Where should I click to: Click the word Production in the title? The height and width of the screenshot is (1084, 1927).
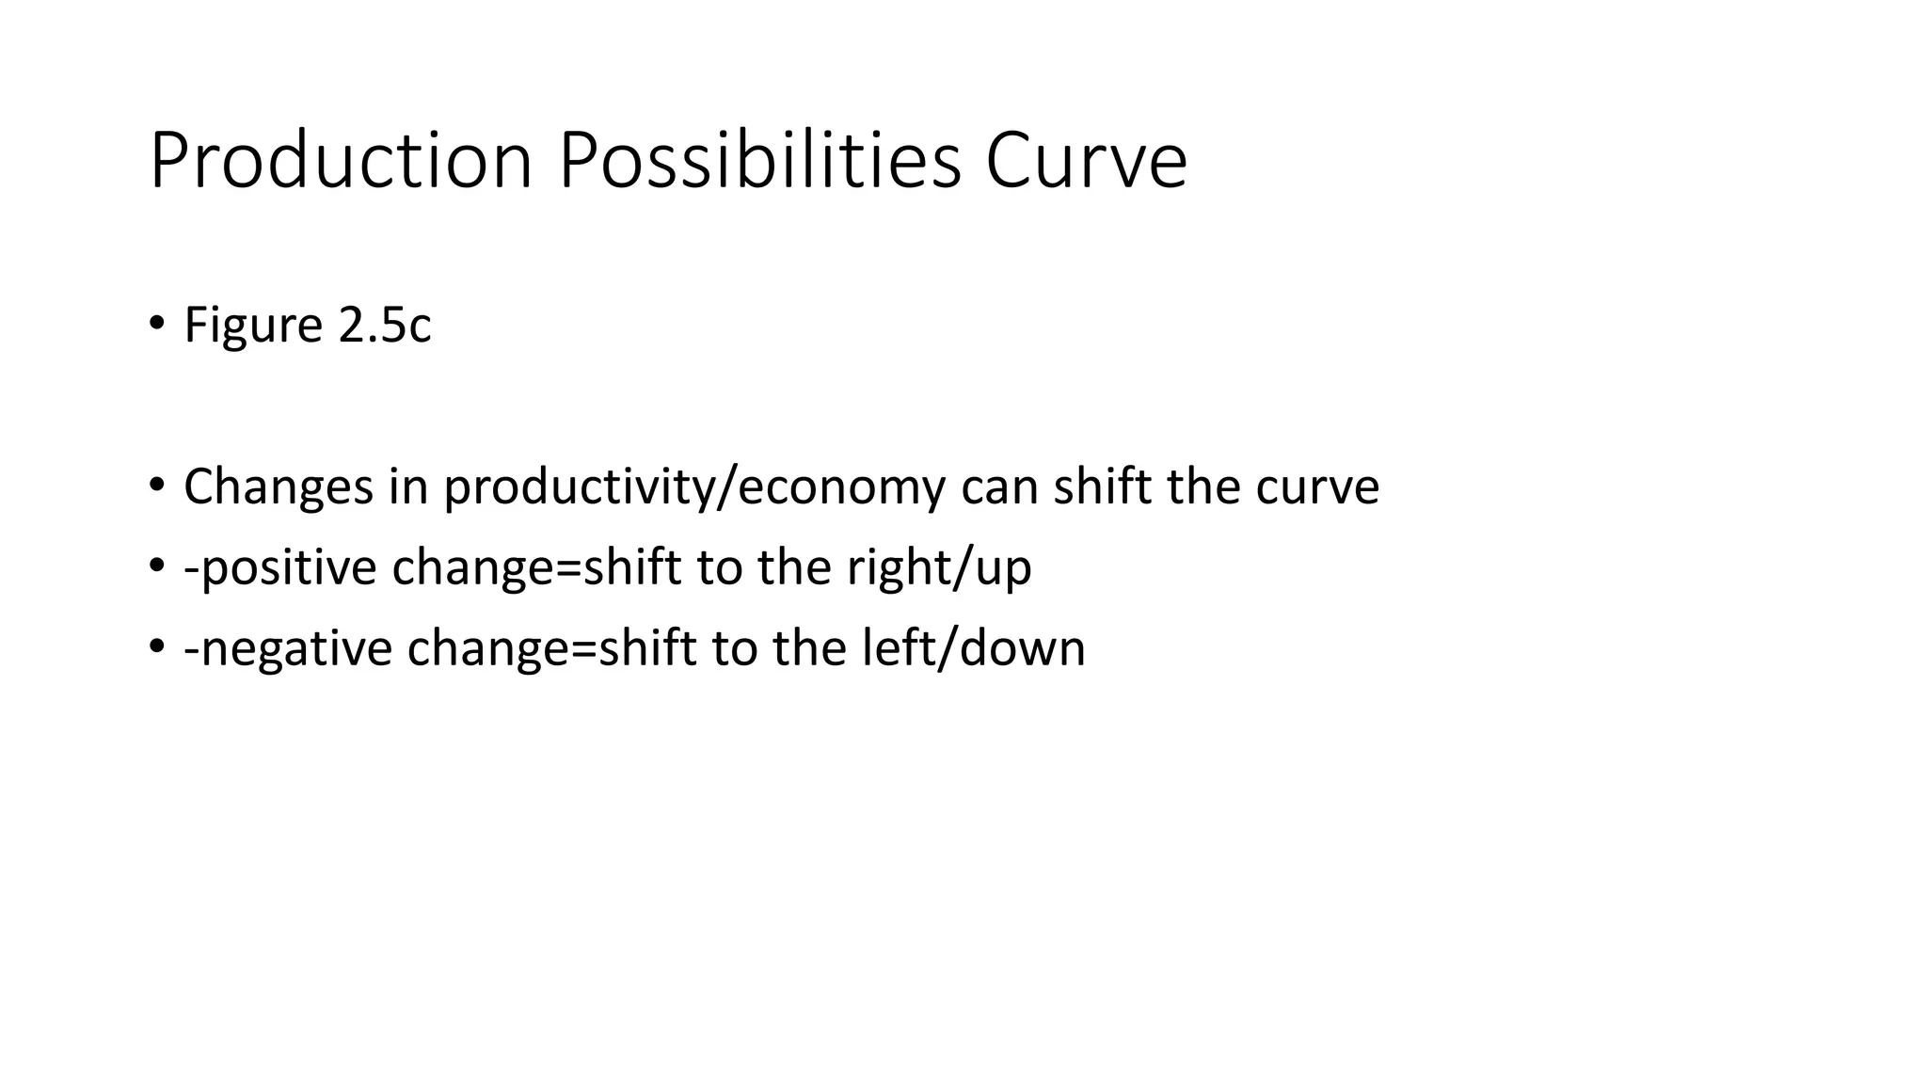(x=341, y=162)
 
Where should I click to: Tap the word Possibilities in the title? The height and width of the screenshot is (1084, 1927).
(x=760, y=162)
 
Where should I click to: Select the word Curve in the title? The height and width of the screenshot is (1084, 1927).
(x=1086, y=162)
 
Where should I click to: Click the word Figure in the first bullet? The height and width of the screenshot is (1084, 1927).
(x=253, y=326)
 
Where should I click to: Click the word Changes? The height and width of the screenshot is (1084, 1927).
(x=279, y=487)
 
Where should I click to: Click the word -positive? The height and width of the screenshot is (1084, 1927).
(x=280, y=568)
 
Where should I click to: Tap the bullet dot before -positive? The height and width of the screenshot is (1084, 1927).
(x=156, y=566)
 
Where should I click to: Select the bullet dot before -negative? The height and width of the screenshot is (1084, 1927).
(x=156, y=647)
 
